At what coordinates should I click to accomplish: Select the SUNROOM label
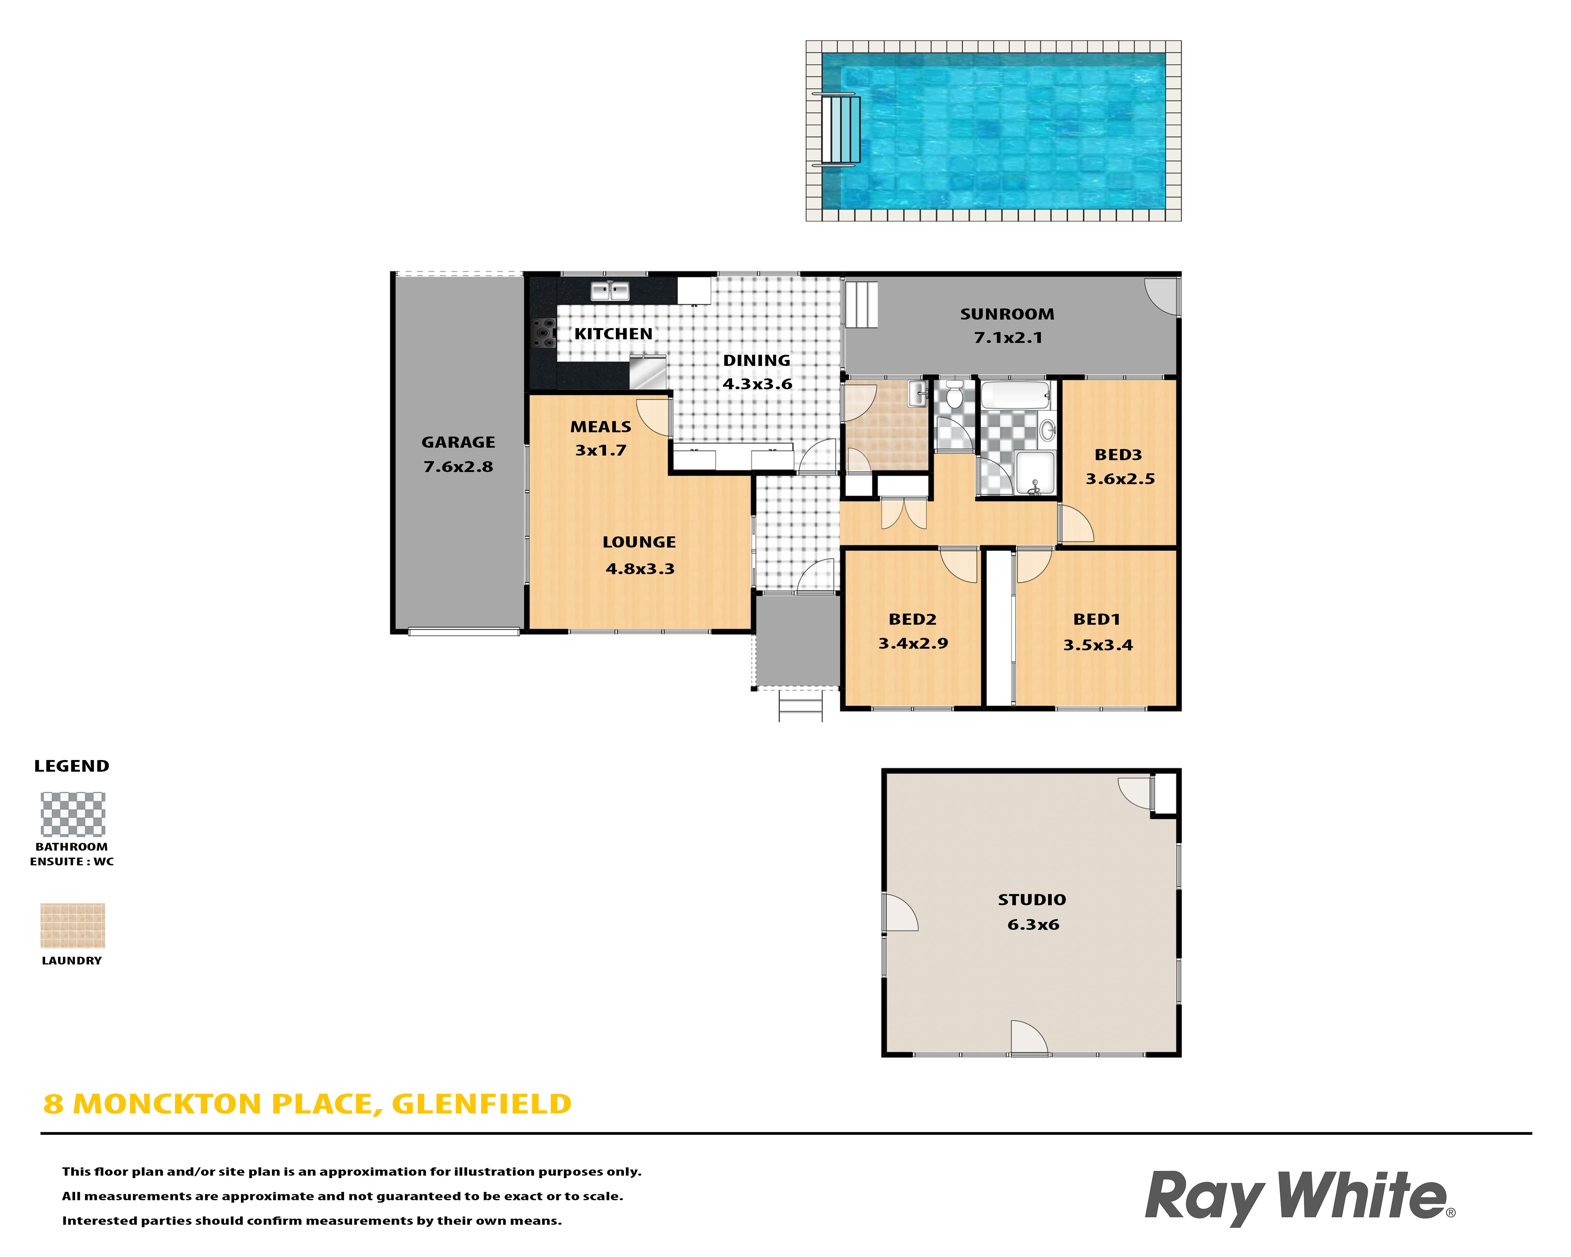click(x=1007, y=314)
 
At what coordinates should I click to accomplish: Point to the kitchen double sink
click(x=610, y=291)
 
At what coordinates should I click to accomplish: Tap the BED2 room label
click(x=912, y=619)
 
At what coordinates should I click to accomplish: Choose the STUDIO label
click(x=1032, y=900)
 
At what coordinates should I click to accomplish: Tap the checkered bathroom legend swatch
click(x=73, y=814)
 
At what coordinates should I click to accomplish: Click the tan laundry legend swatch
click(x=73, y=926)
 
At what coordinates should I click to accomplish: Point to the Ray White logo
click(x=1299, y=1197)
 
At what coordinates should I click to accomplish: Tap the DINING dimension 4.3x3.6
click(x=757, y=384)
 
